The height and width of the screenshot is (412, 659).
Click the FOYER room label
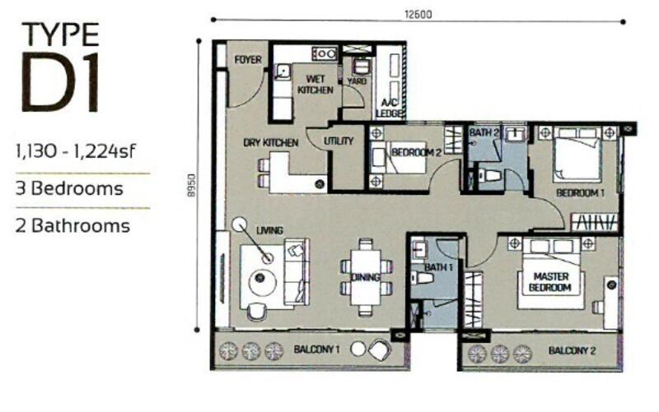[248, 59]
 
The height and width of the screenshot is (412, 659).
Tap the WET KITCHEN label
[315, 85]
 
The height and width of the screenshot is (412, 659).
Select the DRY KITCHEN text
[271, 142]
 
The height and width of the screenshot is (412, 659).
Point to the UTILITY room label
[339, 141]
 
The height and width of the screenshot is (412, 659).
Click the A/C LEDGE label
[390, 108]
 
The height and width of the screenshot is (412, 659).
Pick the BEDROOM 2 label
[416, 152]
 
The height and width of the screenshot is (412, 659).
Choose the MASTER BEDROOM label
[550, 282]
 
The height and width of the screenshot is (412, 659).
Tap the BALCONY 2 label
[572, 350]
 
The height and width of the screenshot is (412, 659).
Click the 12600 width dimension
[418, 14]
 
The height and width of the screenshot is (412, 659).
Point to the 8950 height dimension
[192, 184]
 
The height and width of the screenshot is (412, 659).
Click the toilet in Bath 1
[423, 277]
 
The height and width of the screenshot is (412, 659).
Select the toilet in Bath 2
[490, 175]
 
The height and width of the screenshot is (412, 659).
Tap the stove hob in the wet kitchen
[324, 53]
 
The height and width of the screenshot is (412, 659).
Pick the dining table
[366, 277]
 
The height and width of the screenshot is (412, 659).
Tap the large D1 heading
[60, 83]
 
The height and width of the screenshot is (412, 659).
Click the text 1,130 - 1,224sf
[76, 150]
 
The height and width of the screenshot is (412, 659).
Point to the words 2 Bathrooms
[72, 225]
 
